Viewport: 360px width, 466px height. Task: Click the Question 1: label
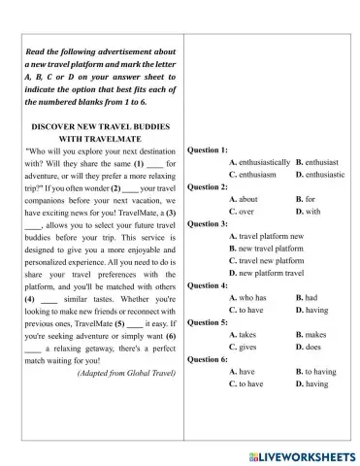(x=208, y=150)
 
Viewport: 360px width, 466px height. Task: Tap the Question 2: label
(x=208, y=186)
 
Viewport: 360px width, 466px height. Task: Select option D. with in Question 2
(x=310, y=211)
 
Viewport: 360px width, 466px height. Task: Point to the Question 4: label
(x=208, y=285)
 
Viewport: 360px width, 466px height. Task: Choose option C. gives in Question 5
(x=243, y=347)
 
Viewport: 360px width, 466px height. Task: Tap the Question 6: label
(x=208, y=359)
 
